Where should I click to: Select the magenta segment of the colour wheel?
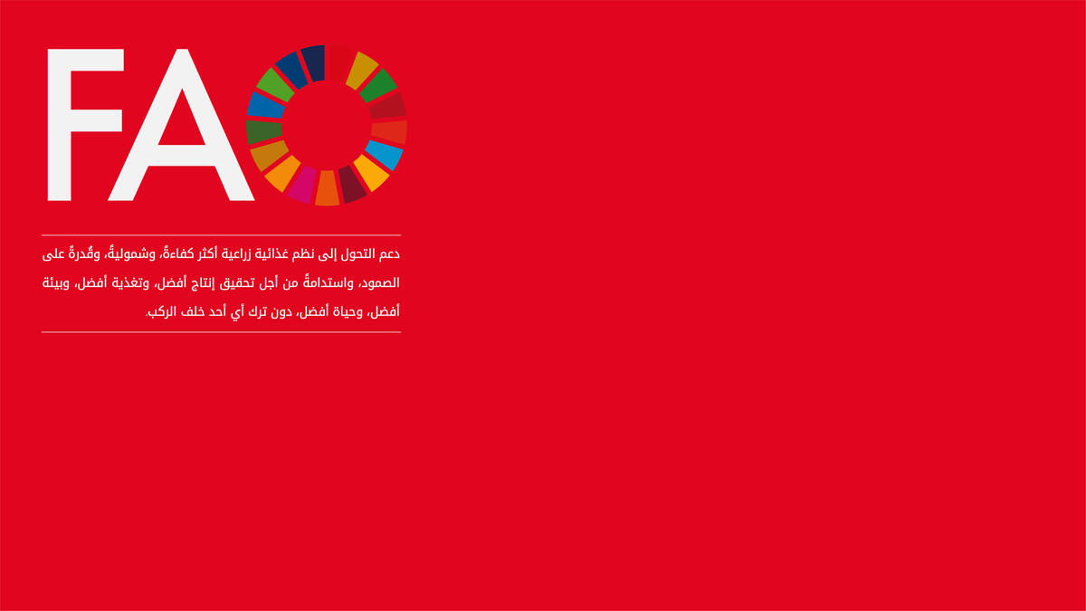tap(302, 185)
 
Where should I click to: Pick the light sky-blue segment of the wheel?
tap(384, 155)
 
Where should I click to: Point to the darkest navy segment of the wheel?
tap(313, 63)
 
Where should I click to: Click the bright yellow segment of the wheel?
tap(371, 173)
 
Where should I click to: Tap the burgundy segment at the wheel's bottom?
tap(351, 185)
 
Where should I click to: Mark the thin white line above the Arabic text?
tap(221, 235)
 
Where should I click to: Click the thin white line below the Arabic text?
tap(221, 332)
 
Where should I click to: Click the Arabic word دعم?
tap(389, 254)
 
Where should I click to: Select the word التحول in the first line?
tap(357, 254)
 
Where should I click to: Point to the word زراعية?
tap(236, 254)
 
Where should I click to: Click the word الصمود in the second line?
tap(381, 283)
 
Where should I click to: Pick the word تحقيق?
tap(236, 283)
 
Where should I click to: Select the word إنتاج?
tap(203, 283)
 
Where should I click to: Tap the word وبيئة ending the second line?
tap(56, 283)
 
